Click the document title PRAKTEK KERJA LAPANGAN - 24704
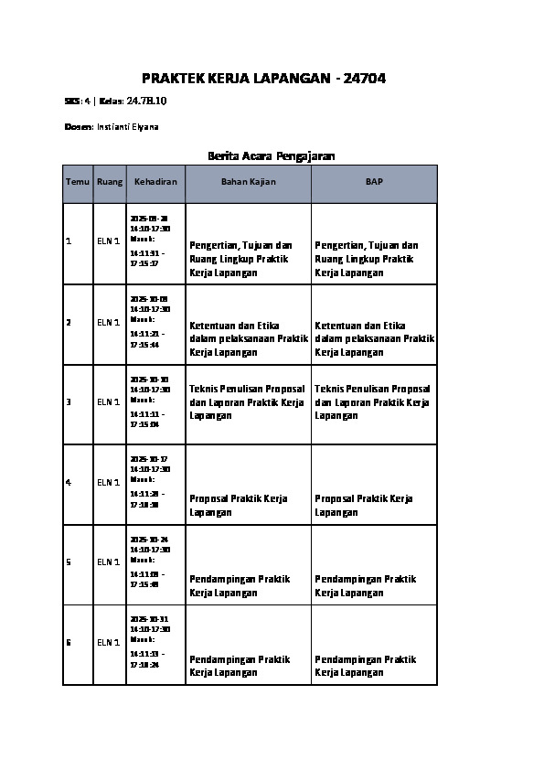[263, 80]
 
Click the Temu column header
[78, 182]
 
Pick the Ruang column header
[109, 182]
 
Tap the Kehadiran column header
[155, 182]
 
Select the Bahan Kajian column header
[248, 182]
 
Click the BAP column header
[374, 182]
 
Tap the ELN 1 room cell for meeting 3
[109, 402]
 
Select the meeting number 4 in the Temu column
[69, 482]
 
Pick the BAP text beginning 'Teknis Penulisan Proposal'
[374, 402]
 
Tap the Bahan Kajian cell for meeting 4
[238, 506]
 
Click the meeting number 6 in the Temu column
[69, 643]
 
